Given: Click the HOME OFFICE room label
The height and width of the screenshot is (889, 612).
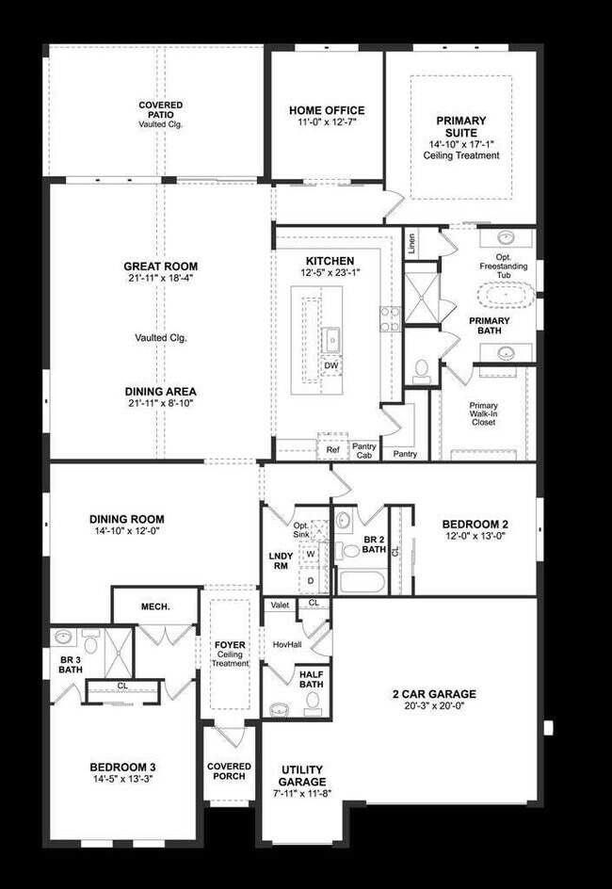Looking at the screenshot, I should (x=327, y=110).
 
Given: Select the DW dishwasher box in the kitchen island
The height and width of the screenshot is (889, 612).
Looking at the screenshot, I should (x=330, y=364).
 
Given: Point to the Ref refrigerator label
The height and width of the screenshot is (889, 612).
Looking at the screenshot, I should (x=332, y=449).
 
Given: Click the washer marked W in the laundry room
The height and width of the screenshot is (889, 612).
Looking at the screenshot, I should (x=310, y=554).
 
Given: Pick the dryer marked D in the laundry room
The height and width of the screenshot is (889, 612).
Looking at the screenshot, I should (x=310, y=580).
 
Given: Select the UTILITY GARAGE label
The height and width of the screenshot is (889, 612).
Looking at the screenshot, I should (x=302, y=776).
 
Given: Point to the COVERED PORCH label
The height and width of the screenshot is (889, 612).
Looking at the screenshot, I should (x=229, y=771).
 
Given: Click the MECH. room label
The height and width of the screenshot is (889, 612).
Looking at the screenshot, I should (x=154, y=606).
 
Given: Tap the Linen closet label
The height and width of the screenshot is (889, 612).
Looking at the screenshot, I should (x=411, y=243).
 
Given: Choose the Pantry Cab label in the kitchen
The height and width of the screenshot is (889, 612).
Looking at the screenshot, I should (x=363, y=451).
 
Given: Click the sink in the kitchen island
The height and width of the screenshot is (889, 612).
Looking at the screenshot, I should (x=332, y=336).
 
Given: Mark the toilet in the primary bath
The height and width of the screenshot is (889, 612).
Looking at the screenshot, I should (x=421, y=367).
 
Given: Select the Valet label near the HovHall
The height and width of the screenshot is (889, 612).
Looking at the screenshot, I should (x=280, y=605).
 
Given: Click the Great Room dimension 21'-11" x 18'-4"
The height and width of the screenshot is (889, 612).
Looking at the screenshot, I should (x=161, y=279).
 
